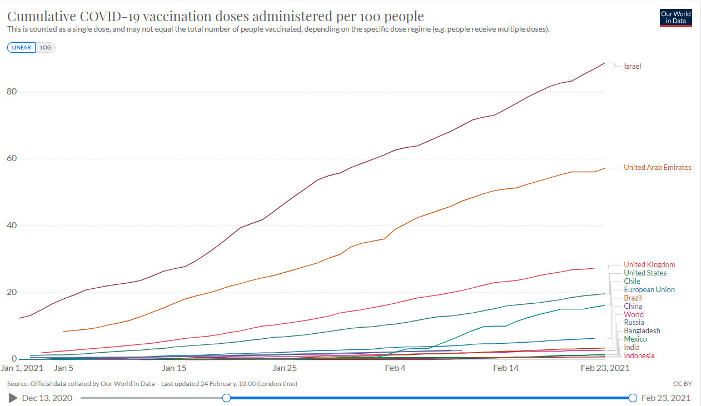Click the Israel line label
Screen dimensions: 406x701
coord(632,67)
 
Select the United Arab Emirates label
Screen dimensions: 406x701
coord(657,167)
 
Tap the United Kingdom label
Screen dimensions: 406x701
coord(649,265)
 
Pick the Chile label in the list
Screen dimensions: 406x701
coord(632,282)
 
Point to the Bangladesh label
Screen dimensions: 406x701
coord(642,331)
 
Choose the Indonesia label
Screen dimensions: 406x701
coord(639,356)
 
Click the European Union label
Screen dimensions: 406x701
coord(649,290)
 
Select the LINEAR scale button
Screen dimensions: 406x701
coord(22,48)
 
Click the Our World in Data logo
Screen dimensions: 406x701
coord(675,17)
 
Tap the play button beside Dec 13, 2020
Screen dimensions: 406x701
coord(13,398)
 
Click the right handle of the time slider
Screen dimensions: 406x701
coord(633,398)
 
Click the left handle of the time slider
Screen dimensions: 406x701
coord(226,398)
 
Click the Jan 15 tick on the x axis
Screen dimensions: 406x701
coord(174,368)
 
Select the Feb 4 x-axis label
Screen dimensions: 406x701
coord(395,368)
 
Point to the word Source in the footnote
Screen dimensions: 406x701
coord(18,384)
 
